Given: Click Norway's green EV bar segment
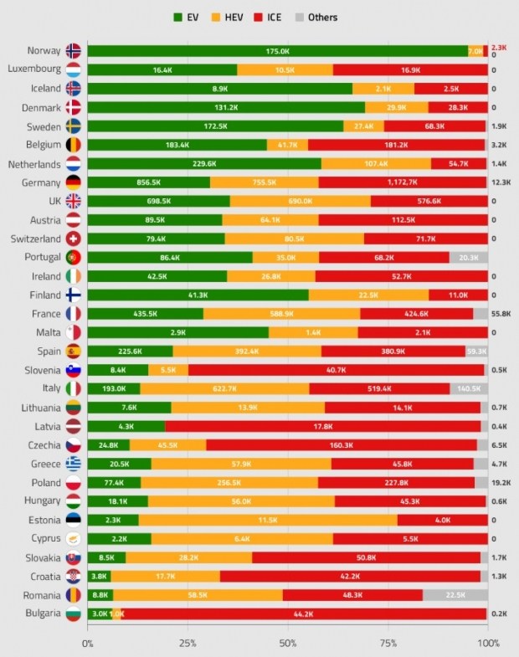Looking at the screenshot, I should (277, 51).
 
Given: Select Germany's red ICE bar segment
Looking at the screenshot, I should (402, 182).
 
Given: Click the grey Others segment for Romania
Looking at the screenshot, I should (455, 595).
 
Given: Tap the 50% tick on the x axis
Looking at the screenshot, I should (288, 643).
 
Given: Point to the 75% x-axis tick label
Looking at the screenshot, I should (388, 643).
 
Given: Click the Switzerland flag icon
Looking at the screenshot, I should (73, 239).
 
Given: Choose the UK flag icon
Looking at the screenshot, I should (73, 201).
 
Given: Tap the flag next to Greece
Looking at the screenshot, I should (73, 464).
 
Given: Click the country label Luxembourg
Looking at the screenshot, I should (33, 69).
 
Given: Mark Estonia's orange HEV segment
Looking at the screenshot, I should (268, 520).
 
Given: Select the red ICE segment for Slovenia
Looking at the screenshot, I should (336, 370).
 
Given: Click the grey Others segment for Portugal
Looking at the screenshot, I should (468, 258).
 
